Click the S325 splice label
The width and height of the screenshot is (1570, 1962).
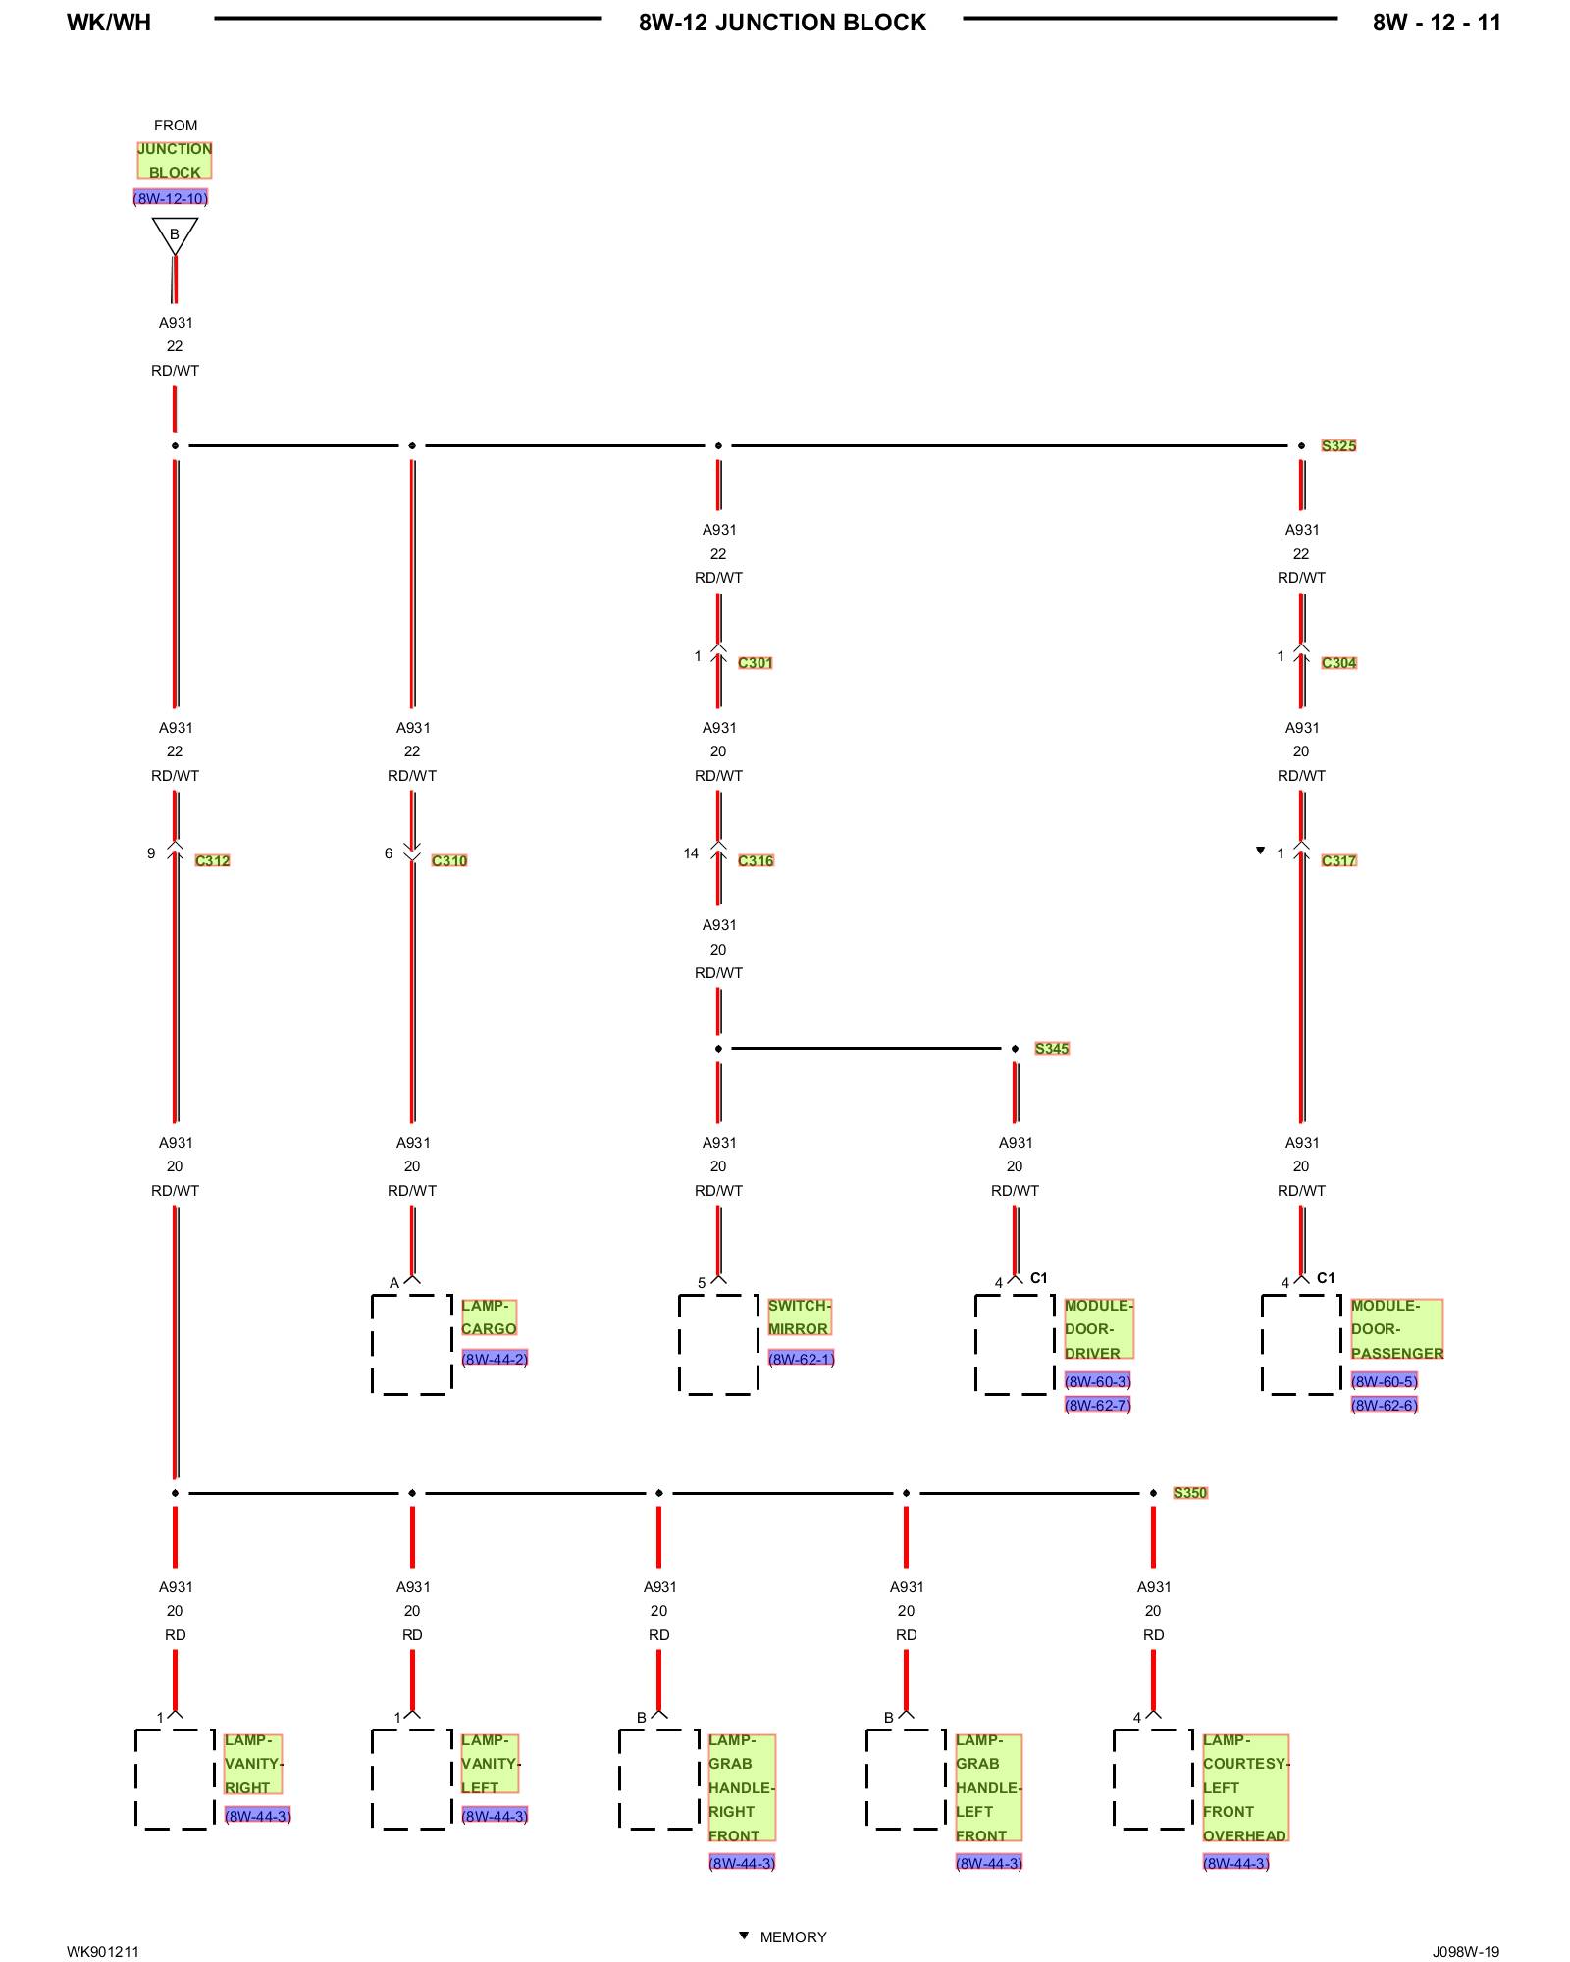pyautogui.click(x=1338, y=445)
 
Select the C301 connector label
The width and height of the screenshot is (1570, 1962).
pyautogui.click(x=755, y=663)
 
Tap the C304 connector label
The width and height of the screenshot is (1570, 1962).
pyautogui.click(x=1338, y=663)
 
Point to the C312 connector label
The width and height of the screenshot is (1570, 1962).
pyautogui.click(x=212, y=860)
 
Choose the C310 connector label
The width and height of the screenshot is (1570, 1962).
pyautogui.click(x=449, y=860)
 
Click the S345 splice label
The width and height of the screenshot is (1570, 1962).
pyautogui.click(x=1052, y=1048)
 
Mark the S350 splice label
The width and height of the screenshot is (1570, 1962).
pyautogui.click(x=1190, y=1492)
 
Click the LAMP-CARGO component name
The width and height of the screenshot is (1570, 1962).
pyautogui.click(x=489, y=1317)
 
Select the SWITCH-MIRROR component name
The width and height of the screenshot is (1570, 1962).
pyautogui.click(x=799, y=1317)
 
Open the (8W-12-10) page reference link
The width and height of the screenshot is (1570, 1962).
pyautogui.click(x=171, y=198)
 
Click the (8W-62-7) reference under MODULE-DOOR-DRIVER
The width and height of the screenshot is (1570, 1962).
pyautogui.click(x=1097, y=1405)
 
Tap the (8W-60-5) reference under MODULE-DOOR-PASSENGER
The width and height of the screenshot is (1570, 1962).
pyautogui.click(x=1384, y=1381)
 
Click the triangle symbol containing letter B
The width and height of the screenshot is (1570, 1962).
pyautogui.click(x=175, y=235)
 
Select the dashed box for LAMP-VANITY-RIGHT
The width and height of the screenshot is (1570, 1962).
pyautogui.click(x=175, y=1779)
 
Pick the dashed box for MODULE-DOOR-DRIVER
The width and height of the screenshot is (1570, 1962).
pyautogui.click(x=1015, y=1344)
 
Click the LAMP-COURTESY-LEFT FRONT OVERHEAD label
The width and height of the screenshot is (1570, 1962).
pyautogui.click(x=1245, y=1787)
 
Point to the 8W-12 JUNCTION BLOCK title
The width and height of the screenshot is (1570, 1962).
pyautogui.click(x=782, y=23)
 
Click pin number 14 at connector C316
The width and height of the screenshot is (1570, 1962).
pyautogui.click(x=691, y=853)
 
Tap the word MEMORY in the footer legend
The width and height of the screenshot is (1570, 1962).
pyautogui.click(x=793, y=1936)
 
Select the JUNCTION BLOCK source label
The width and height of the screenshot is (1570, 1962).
pyautogui.click(x=175, y=161)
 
